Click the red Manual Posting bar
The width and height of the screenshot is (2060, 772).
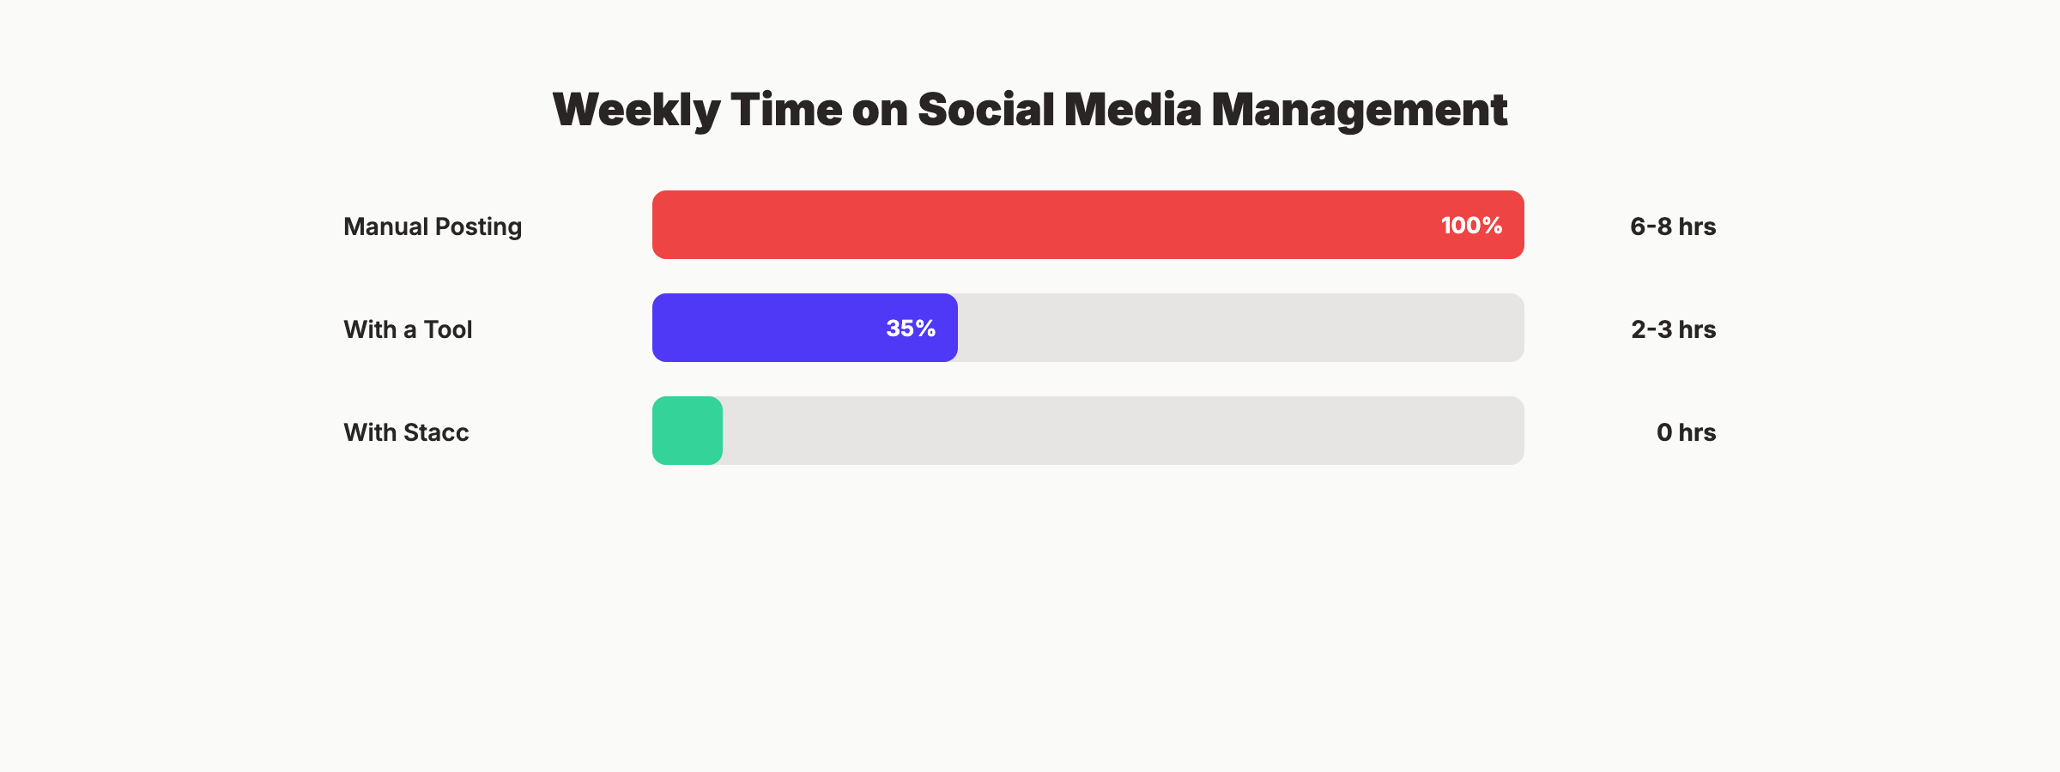[x=1030, y=225]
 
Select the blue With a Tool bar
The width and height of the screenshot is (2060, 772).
[x=772, y=328]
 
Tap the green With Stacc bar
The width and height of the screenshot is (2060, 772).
[x=687, y=431]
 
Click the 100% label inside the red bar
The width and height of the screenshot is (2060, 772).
[x=1471, y=226]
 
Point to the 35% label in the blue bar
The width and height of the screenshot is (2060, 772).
[x=911, y=329]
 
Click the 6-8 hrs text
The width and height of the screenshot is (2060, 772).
[x=1672, y=226]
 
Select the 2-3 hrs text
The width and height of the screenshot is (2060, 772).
[x=1673, y=329]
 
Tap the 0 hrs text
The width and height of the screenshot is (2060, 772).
[x=1686, y=432]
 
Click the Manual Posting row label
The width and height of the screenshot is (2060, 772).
[x=433, y=226]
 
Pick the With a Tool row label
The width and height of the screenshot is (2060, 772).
[x=408, y=329]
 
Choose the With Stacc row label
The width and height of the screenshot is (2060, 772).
[x=406, y=432]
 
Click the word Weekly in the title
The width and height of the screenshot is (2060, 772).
[x=636, y=110]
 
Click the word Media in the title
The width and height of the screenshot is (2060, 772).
[x=1132, y=110]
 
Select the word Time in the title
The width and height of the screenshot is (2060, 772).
[x=786, y=110]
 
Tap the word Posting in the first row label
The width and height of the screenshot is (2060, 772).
[x=478, y=226]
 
